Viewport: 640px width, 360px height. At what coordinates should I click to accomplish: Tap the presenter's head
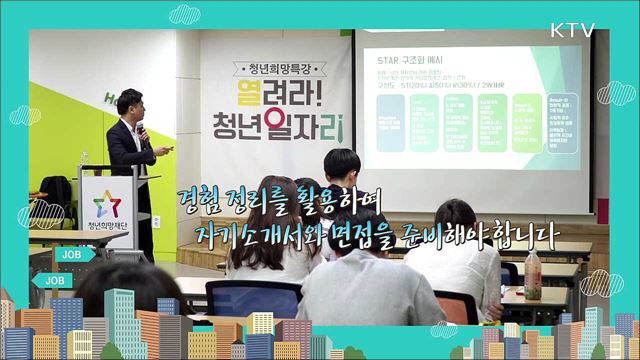[127, 103]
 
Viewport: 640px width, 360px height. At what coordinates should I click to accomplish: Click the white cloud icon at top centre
[184, 14]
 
